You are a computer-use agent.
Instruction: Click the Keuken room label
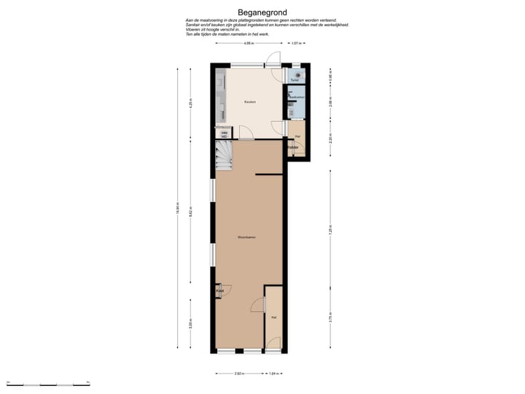coord(249,102)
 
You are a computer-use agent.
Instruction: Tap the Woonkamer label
coord(246,237)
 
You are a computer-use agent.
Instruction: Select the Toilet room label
coord(295,80)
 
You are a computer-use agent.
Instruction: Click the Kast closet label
coord(220,291)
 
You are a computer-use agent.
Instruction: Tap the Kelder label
coord(293,148)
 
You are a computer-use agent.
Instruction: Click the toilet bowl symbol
coord(298,74)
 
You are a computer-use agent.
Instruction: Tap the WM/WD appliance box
coord(225,134)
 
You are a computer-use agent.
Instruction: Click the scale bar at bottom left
coord(47,384)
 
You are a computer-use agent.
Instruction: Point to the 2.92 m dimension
coord(238,374)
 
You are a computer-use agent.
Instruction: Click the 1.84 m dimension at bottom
coord(274,374)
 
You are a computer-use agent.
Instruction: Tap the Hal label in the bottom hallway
coord(273,317)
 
